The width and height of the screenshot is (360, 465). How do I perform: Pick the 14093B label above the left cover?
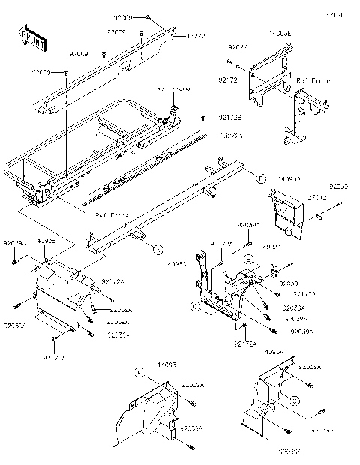click(x=46, y=241)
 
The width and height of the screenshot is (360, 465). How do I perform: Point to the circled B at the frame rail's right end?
click(x=240, y=178)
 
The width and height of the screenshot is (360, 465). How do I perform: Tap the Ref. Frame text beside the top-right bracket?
click(x=313, y=79)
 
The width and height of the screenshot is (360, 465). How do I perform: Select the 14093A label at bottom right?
click(x=271, y=351)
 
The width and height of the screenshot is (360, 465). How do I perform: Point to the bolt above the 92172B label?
click(x=203, y=120)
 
